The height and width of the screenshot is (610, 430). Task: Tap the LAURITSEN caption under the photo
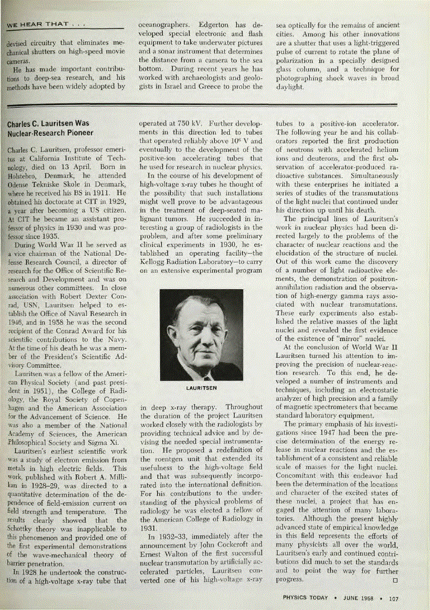201,387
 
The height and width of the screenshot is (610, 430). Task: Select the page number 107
394,599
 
